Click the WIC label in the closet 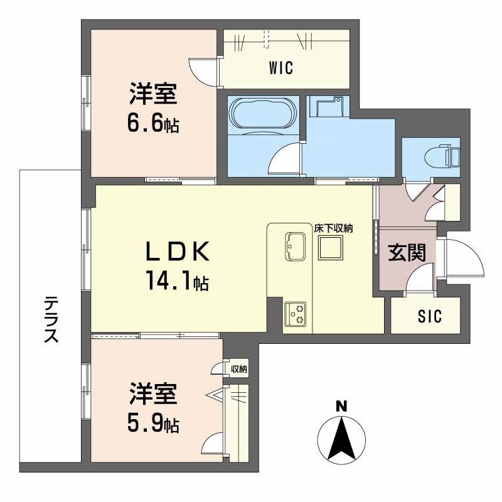(282, 68)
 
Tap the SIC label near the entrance (430, 317)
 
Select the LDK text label (177, 252)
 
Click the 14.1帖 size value (177, 282)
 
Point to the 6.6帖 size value (154, 124)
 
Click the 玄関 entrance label (407, 253)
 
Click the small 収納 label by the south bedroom (238, 369)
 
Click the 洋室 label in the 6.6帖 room (154, 95)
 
